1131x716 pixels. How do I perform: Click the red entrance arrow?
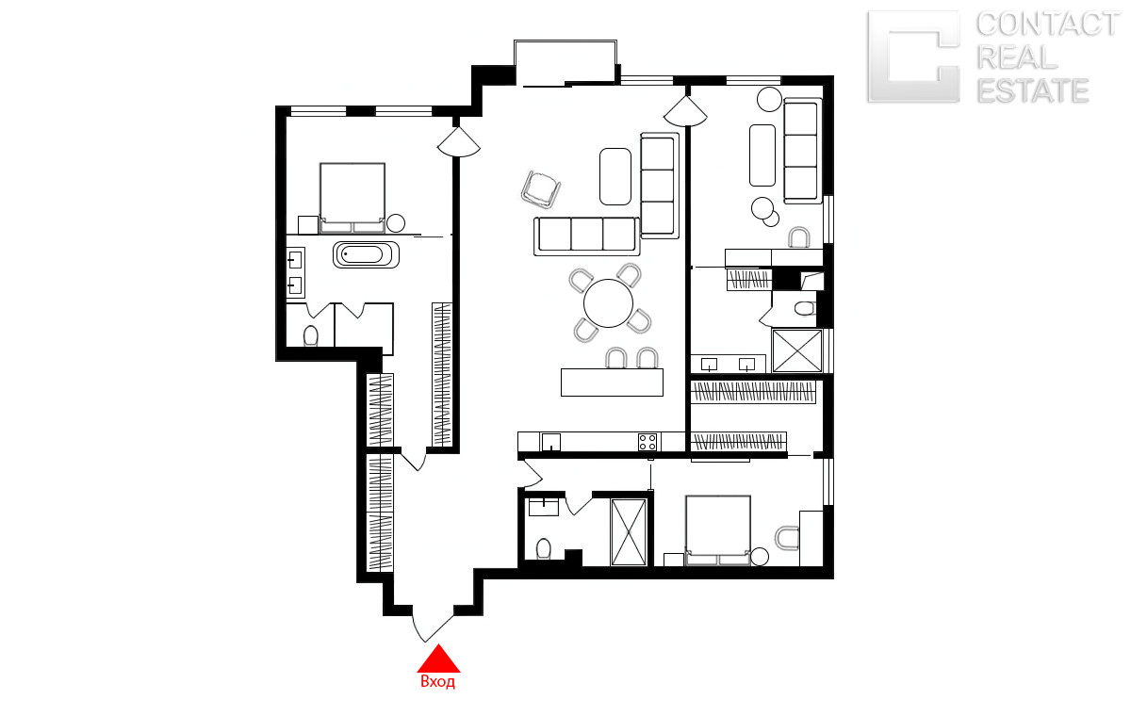coord(438,659)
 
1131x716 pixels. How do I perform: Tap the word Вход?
coord(437,682)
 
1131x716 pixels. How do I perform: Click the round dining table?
coord(608,303)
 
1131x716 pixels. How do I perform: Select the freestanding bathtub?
coord(366,254)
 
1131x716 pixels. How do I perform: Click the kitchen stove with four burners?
coord(647,442)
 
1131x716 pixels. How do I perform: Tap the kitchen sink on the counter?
coord(551,442)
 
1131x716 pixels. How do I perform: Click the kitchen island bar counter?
coord(612,382)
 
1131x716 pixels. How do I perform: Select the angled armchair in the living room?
coord(541,189)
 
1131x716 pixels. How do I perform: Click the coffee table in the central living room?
coord(615,176)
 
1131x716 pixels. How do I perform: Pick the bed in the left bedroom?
coord(352,198)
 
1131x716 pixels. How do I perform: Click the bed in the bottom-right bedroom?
coord(717,530)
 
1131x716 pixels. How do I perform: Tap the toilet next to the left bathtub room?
coord(310,336)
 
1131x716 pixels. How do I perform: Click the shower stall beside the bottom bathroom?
coord(628,532)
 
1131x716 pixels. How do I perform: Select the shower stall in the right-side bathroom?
coord(797,350)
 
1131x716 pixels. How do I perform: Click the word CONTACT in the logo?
coord(1048,24)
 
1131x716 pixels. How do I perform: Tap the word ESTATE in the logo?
coord(1033,90)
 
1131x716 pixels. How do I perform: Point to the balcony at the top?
coord(565,62)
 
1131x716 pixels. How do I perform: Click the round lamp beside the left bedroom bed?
coord(396,223)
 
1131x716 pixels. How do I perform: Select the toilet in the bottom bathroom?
coord(543,548)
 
